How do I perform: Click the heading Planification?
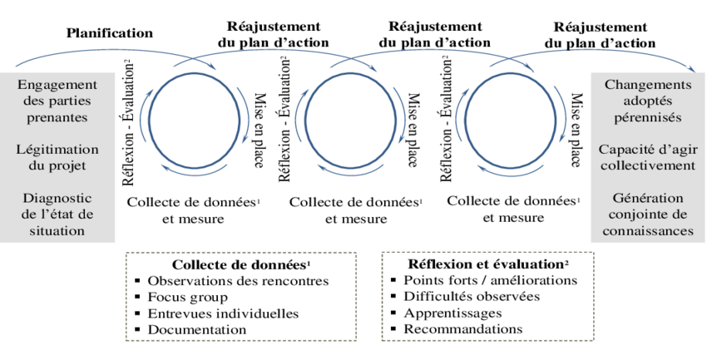pyautogui.click(x=110, y=33)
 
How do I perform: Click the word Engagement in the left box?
pyautogui.click(x=57, y=85)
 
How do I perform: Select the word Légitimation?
pyautogui.click(x=57, y=149)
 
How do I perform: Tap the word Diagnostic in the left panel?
pyautogui.click(x=57, y=199)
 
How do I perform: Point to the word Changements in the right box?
pyautogui.click(x=648, y=85)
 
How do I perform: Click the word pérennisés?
pyautogui.click(x=648, y=117)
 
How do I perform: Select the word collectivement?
pyautogui.click(x=648, y=165)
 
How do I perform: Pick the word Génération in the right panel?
pyautogui.click(x=648, y=199)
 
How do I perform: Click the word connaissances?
pyautogui.click(x=648, y=231)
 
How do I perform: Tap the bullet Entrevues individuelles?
pyautogui.click(x=223, y=313)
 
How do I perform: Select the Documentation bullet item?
pyautogui.click(x=197, y=329)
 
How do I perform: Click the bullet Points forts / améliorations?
pyautogui.click(x=490, y=280)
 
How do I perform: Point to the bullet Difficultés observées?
pyautogui.click(x=472, y=297)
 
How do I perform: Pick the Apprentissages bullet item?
pyautogui.click(x=452, y=313)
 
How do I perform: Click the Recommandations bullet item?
pyautogui.click(x=463, y=329)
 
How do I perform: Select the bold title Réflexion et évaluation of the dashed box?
pyautogui.click(x=487, y=264)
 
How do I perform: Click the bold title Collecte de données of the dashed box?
pyautogui.click(x=226, y=264)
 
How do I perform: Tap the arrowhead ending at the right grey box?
pyautogui.click(x=696, y=71)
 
